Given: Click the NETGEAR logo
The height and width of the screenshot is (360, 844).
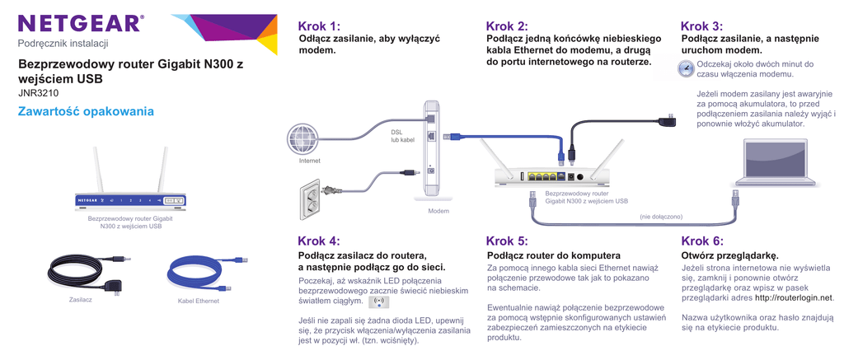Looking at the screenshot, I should click(80, 22).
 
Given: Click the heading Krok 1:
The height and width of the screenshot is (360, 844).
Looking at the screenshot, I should click(318, 26).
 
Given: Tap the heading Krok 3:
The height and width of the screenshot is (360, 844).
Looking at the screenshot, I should click(701, 26).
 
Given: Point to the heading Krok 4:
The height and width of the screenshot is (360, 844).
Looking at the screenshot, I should click(318, 241).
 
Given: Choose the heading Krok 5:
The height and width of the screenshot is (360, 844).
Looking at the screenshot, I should click(507, 241).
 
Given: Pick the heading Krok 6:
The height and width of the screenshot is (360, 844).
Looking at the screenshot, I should click(702, 241).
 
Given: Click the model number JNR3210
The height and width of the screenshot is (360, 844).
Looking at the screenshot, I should click(38, 93).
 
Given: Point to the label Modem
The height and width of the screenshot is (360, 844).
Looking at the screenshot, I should click(438, 212).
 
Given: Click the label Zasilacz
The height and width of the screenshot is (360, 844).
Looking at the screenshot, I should click(80, 300).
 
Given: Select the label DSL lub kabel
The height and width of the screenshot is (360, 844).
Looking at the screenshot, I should click(403, 136).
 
